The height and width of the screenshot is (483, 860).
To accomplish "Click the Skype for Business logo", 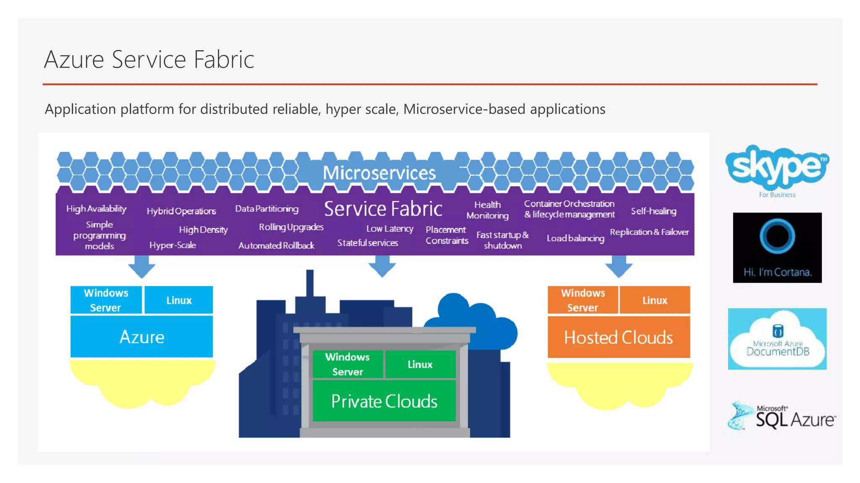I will coord(777,170).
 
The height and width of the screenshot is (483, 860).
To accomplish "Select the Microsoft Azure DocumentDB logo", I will coord(777,339).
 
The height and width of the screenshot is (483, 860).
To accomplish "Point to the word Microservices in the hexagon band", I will coord(379,173).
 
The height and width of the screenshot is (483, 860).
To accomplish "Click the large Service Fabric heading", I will coord(383,208).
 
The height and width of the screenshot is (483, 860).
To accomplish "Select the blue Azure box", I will coord(142,337).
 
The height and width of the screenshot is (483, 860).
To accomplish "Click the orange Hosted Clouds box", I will coord(619,337).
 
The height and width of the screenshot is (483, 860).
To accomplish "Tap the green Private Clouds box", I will coord(384,401).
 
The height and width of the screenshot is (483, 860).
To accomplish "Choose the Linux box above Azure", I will coord(178,300).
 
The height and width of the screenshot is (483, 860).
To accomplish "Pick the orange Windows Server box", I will coord(582,300).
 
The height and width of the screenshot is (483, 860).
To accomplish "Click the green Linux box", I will coord(420,364).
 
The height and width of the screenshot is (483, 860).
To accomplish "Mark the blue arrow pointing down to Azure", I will coord(142,267).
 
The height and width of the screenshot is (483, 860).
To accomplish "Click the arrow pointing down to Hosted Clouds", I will coord(619,267).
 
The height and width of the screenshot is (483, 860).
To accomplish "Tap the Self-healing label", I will coord(653,211).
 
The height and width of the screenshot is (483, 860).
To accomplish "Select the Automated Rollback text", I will coord(276,245).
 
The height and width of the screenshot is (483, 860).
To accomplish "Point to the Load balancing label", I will coord(575,238).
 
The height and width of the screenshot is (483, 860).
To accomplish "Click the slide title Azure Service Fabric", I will coord(149,59).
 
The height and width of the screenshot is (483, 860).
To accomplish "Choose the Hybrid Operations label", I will coord(181,211).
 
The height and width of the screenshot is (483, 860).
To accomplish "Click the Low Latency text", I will coord(390,229).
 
